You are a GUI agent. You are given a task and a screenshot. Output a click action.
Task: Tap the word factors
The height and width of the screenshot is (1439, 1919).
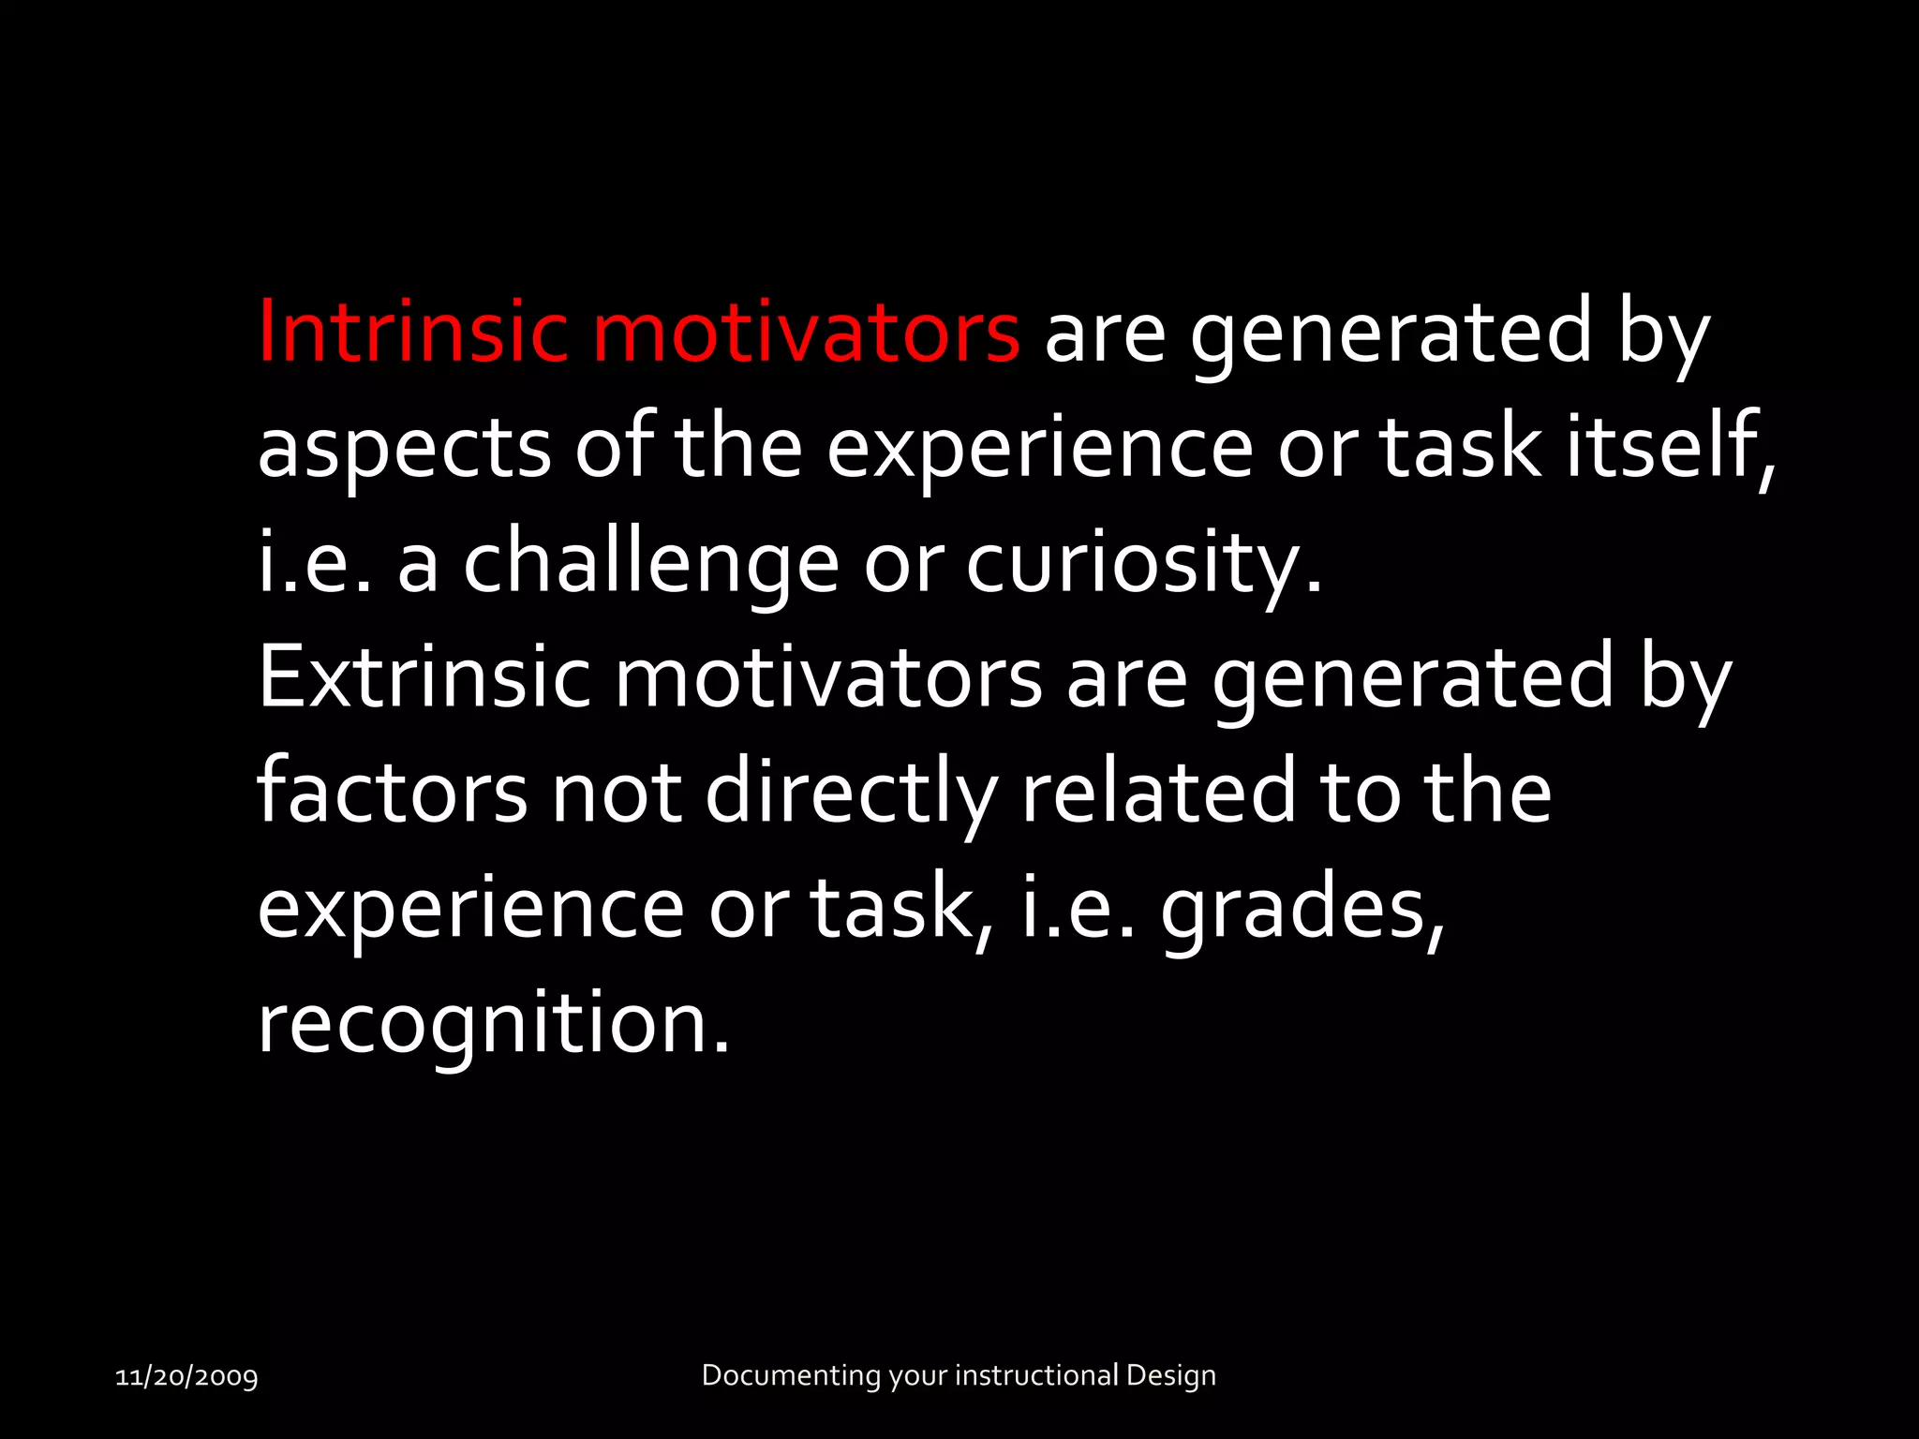click(x=392, y=793)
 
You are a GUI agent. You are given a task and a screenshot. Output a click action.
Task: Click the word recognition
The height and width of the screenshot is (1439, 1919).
click(x=492, y=1024)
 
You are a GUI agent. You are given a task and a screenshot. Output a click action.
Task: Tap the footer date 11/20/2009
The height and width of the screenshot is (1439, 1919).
click(x=186, y=1376)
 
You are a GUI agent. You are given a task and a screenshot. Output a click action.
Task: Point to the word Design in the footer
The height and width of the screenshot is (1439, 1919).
click(x=1170, y=1375)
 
